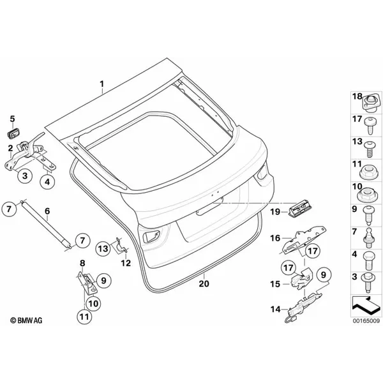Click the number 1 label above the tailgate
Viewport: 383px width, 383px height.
click(101, 84)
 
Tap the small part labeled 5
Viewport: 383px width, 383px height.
click(13, 133)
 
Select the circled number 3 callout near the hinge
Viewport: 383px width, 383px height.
click(25, 176)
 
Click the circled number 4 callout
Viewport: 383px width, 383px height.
click(47, 181)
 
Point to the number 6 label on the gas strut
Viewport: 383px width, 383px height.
click(47, 211)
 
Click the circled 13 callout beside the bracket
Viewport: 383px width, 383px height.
click(103, 248)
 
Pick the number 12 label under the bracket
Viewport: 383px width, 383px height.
click(126, 263)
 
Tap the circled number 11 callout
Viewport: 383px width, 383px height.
click(84, 317)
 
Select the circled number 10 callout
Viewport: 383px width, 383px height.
click(93, 303)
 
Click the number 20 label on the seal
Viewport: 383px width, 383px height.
click(204, 283)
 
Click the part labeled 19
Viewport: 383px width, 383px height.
click(301, 208)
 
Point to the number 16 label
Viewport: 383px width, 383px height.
click(275, 238)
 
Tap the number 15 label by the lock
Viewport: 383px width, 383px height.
click(275, 284)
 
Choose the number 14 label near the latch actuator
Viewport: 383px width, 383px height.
click(275, 309)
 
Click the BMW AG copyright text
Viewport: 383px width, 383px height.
click(26, 320)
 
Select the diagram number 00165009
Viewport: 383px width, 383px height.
click(366, 320)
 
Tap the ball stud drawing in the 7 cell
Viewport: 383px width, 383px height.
click(369, 237)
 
